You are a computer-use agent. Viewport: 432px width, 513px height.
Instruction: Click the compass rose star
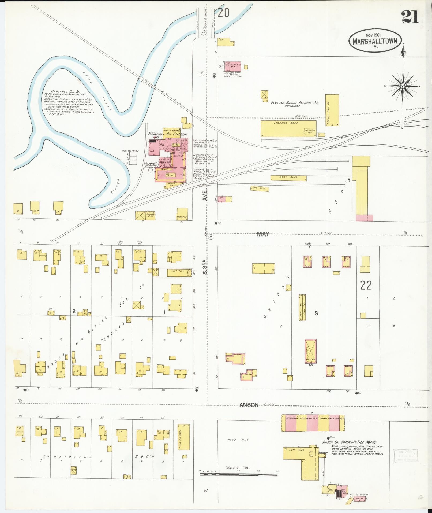click(x=402, y=86)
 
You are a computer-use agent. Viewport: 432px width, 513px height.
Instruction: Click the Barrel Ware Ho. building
click(x=332, y=110)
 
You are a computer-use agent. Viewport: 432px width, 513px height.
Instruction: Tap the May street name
click(x=263, y=234)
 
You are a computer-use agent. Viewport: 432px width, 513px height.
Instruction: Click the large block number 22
click(x=366, y=285)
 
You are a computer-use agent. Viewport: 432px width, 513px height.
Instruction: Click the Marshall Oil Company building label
click(x=168, y=134)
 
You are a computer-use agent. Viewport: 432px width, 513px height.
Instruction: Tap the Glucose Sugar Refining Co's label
click(x=294, y=104)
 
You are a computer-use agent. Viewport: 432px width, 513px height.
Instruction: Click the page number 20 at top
click(x=223, y=13)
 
